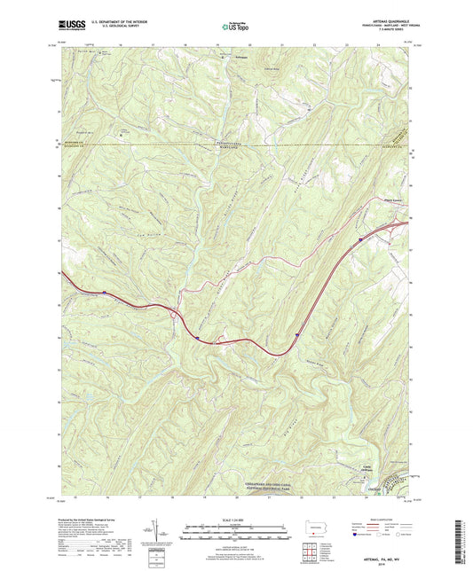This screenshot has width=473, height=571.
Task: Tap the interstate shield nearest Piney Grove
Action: click(x=359, y=239)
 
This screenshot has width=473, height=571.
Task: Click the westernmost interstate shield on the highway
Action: click(x=104, y=292)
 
